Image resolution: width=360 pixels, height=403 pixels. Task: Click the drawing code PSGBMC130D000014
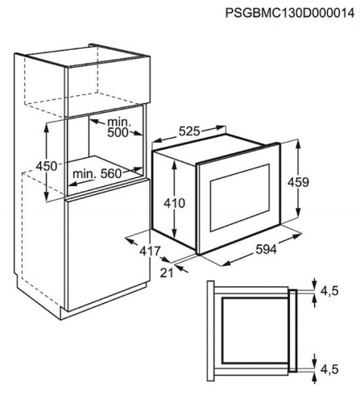point(290,13)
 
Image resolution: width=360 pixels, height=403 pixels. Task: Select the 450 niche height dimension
point(47,166)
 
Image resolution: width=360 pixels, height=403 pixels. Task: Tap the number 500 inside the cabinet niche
point(118,132)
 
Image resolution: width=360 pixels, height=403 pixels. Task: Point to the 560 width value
point(111,174)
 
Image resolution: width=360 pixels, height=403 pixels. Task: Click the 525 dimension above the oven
point(189,131)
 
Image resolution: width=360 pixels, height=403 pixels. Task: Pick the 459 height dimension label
point(298,182)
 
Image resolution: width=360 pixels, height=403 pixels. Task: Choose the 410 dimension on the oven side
point(175,203)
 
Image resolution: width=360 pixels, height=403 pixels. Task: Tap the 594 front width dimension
point(266,250)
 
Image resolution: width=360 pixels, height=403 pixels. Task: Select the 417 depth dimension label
point(150,251)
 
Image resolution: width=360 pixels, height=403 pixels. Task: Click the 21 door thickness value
point(167,272)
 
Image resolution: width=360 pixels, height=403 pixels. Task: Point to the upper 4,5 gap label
point(329,291)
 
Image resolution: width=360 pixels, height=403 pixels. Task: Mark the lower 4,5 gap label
point(329,370)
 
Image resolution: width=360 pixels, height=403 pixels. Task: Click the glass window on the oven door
point(240,197)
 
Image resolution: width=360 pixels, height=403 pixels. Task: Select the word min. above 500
point(119,123)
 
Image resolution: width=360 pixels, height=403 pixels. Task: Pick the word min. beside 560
point(85,174)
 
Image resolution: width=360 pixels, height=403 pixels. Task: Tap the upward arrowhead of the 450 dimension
point(47,129)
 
